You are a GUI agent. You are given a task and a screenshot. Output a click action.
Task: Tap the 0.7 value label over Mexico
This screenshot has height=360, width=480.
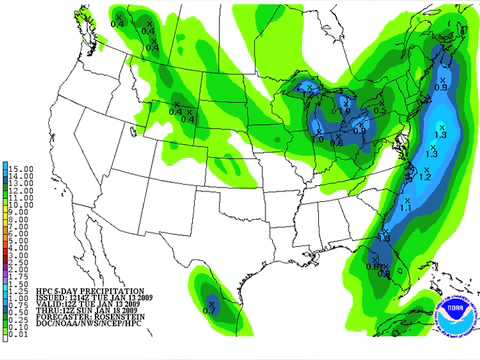pyautogui.click(x=209, y=312)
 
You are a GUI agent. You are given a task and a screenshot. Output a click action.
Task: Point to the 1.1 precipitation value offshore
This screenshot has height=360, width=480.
pyautogui.click(x=406, y=207)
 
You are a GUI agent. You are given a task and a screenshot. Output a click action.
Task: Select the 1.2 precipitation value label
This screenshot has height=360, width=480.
pyautogui.click(x=424, y=177)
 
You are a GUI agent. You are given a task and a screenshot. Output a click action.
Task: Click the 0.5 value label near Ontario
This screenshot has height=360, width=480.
pyautogui.click(x=379, y=110)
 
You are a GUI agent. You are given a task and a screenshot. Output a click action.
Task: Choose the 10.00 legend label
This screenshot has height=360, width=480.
pyautogui.click(x=22, y=204)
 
